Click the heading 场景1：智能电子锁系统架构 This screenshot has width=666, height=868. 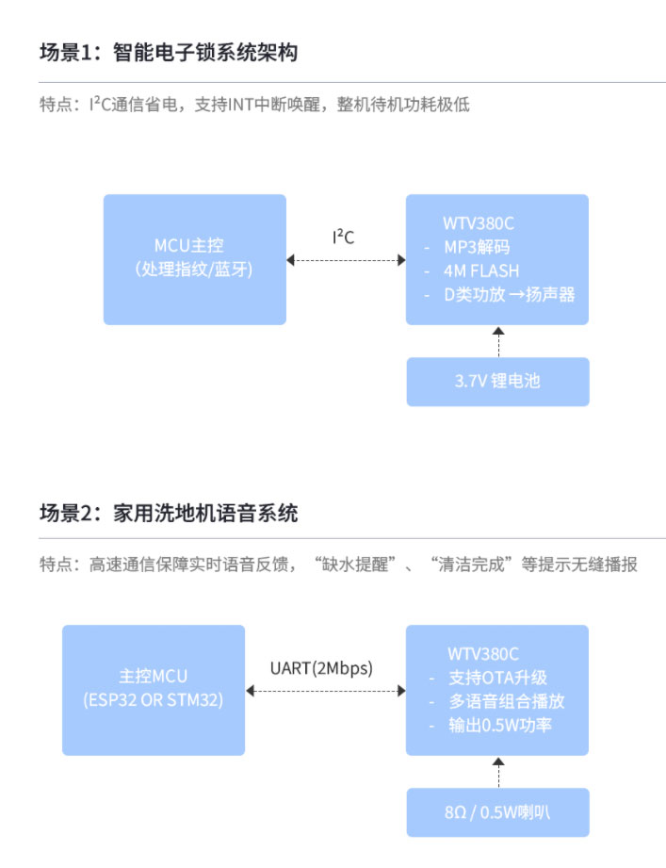[169, 53]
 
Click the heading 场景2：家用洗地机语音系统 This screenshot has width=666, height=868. [169, 514]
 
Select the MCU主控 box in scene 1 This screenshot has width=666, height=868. [194, 259]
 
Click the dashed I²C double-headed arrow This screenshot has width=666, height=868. [346, 259]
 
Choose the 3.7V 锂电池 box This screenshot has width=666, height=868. [497, 382]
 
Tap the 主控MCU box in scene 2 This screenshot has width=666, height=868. [154, 689]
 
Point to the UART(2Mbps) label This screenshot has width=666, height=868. [321, 668]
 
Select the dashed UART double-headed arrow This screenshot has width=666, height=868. [325, 691]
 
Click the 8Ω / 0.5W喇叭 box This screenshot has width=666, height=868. [497, 812]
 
